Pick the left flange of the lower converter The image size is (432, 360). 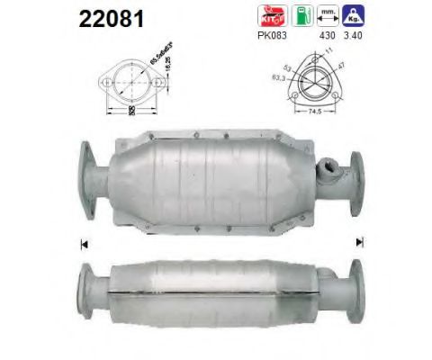pyautogui.click(x=88, y=285)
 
